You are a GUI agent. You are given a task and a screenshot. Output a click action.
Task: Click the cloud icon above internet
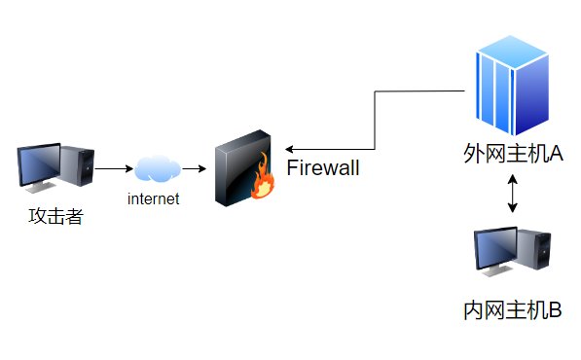(156, 169)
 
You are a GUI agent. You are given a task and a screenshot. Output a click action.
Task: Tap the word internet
(155, 199)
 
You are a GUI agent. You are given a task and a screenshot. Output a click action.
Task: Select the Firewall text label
(323, 168)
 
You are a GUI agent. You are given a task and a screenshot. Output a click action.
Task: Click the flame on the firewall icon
(261, 180)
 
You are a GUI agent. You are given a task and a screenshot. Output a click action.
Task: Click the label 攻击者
(55, 216)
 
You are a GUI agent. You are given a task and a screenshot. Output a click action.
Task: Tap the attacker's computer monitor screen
(41, 164)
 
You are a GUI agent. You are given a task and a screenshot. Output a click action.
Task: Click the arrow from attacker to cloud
(114, 169)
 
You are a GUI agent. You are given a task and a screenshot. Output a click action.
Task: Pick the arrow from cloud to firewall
(195, 169)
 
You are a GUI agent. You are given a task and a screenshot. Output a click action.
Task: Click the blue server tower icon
(512, 86)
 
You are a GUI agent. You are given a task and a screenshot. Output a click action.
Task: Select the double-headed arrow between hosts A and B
(513, 195)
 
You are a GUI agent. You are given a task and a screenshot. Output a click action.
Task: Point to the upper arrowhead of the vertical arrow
(513, 177)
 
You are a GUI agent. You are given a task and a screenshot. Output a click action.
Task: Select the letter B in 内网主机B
(556, 310)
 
